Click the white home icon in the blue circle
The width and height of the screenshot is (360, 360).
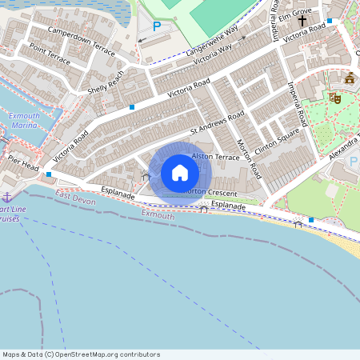pyautogui.click(x=180, y=173)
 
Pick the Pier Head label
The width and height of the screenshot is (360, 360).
pyautogui.click(x=24, y=163)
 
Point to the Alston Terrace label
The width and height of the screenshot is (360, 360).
pyautogui.click(x=215, y=158)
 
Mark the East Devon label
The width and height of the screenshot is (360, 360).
pyautogui.click(x=76, y=200)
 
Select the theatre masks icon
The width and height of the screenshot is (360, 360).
pyautogui.click(x=334, y=98)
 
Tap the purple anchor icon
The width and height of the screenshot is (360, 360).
pyautogui.click(x=7, y=197)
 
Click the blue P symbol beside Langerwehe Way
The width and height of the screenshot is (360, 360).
pyautogui.click(x=156, y=26)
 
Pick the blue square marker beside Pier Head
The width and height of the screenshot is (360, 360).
pyautogui.click(x=50, y=174)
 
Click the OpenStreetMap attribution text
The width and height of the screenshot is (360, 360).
pyautogui.click(x=81, y=354)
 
